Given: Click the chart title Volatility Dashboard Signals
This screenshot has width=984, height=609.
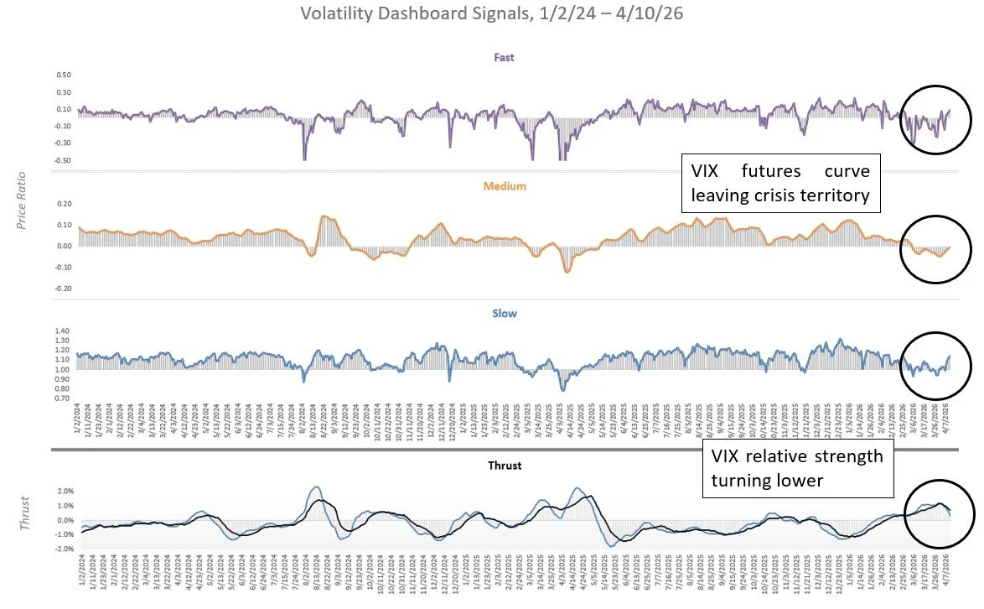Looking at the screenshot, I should click(x=491, y=14).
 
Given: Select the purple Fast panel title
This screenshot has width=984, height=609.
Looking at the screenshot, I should click(x=504, y=58).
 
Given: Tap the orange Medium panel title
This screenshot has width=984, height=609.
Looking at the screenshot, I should click(x=504, y=186).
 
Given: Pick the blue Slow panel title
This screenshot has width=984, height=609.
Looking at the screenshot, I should click(x=504, y=314).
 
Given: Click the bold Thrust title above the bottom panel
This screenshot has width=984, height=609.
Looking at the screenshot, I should click(x=504, y=466).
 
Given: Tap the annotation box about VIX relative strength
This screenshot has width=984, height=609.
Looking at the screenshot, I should click(x=797, y=468).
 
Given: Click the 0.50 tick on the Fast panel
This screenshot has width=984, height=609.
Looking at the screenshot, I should click(x=63, y=75).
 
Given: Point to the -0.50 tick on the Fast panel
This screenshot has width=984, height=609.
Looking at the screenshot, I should click(x=61, y=160).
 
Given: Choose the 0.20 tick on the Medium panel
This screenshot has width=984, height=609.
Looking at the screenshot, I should click(x=63, y=204).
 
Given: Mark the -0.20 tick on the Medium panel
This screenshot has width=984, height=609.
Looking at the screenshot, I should click(x=61, y=289).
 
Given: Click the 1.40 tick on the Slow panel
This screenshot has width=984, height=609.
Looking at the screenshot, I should click(x=63, y=331).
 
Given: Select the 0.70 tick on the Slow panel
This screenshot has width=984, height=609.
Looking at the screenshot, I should click(x=63, y=398).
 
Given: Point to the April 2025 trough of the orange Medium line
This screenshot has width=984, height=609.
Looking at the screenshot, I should click(x=567, y=272).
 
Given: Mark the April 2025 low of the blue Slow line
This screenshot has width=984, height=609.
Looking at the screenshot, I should click(x=563, y=390).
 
